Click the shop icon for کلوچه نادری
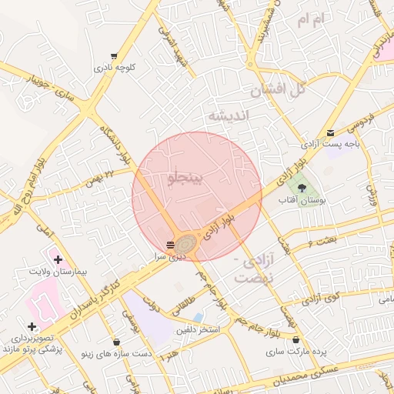(114, 56)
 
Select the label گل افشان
(277, 89)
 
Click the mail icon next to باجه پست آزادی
(331, 132)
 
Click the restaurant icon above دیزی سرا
(170, 244)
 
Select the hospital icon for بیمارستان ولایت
(58, 260)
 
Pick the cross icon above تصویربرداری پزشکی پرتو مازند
(32, 327)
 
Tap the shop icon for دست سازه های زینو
(117, 342)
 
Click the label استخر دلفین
(198, 330)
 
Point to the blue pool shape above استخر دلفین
(199, 317)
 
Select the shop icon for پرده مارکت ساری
(296, 339)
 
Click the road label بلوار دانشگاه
(115, 145)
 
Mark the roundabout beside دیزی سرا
(187, 244)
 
